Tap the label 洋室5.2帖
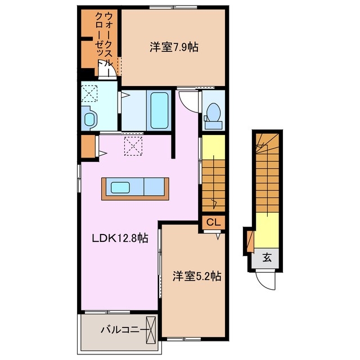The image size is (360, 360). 196,276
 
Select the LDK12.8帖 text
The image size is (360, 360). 120,238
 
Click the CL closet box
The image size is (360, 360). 213,223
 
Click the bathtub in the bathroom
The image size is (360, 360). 159,110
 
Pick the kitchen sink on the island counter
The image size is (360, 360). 120,187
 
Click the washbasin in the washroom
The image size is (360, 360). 90,118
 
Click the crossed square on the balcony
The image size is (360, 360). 152,330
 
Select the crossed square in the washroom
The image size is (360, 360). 91,91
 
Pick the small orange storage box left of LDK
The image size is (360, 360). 87,145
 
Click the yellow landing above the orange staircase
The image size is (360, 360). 213,148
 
